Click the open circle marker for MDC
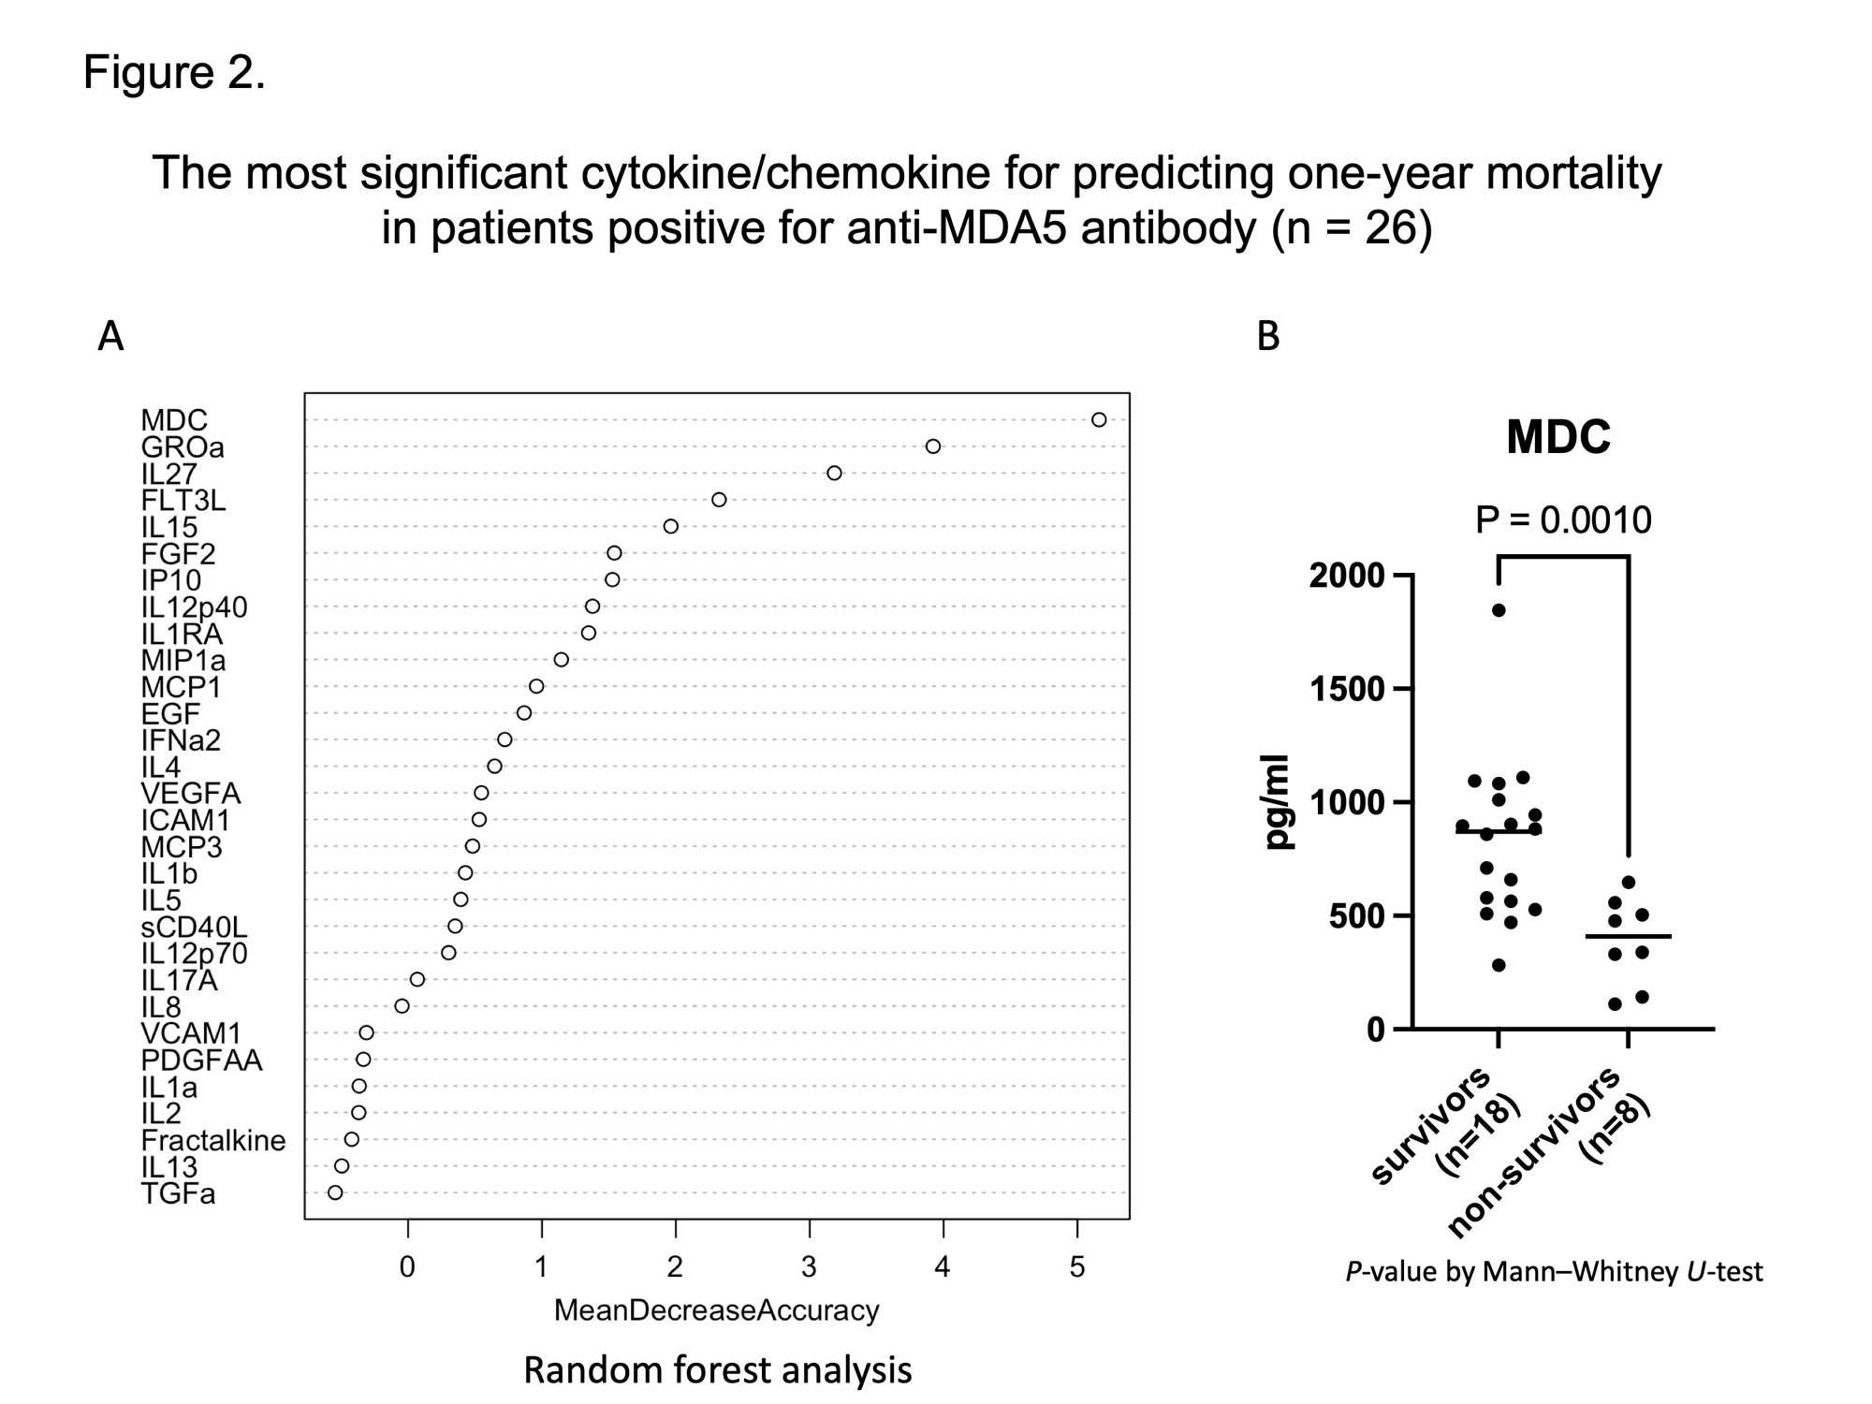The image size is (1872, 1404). point(1099,419)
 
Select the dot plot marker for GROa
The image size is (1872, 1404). point(932,446)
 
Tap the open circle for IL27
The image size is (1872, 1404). point(834,473)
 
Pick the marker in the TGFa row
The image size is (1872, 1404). point(335,1192)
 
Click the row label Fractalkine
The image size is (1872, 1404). point(213,1140)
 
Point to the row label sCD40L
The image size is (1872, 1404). point(194,927)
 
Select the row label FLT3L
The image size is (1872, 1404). point(183,501)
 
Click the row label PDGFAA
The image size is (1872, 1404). point(201,1060)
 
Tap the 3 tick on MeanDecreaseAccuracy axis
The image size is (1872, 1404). point(809,1267)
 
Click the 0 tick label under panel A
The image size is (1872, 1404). point(407,1267)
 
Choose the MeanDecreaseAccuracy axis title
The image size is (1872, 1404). point(716,1310)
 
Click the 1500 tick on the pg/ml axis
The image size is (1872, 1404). point(1346,689)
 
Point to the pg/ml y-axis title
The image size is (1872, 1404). point(1277,802)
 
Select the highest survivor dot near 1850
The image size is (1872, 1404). point(1498,610)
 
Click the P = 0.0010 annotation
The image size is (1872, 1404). point(1563,520)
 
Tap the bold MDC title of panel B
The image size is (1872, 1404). point(1558,437)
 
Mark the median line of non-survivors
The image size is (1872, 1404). point(1628,936)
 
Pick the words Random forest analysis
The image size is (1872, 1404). point(717,1370)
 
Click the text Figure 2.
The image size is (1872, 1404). point(174,72)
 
